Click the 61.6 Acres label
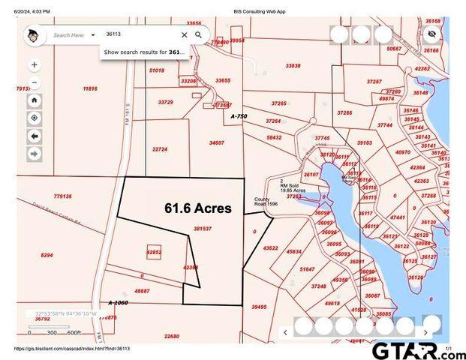click(198, 208)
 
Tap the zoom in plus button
click(35, 65)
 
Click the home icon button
click(35, 100)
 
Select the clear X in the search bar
click(184, 34)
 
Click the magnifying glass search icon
click(199, 34)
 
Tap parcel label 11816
click(90, 88)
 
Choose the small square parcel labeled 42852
click(154, 253)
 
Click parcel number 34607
click(216, 142)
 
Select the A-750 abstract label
click(239, 116)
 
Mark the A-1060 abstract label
click(119, 302)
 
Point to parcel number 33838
click(293, 66)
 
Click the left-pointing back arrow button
click(35, 136)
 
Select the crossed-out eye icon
click(431, 34)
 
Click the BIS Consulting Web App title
click(259, 12)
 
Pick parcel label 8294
click(47, 256)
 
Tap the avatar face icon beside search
click(32, 35)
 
